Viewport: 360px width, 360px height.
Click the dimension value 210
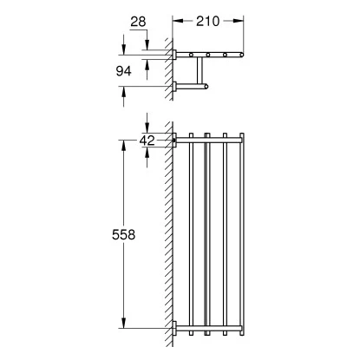pos(207,21)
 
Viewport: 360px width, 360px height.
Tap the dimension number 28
pos(138,22)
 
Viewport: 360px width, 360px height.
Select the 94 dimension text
pos(123,71)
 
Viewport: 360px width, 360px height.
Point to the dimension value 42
pos(147,141)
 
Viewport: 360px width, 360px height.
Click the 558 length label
pos(123,234)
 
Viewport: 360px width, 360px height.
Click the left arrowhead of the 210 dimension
pos(178,21)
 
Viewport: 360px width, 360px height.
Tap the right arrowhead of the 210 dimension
pos(238,21)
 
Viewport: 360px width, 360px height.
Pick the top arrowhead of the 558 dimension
pos(123,146)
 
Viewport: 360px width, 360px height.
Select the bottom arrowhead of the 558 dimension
pos(123,323)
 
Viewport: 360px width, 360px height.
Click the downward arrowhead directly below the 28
pos(147,44)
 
